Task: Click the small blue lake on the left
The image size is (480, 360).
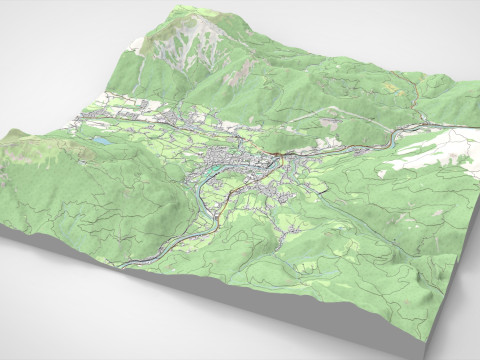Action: click(102, 143)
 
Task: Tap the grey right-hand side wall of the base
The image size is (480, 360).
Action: click(455, 300)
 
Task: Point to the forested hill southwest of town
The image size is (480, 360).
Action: click(150, 200)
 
